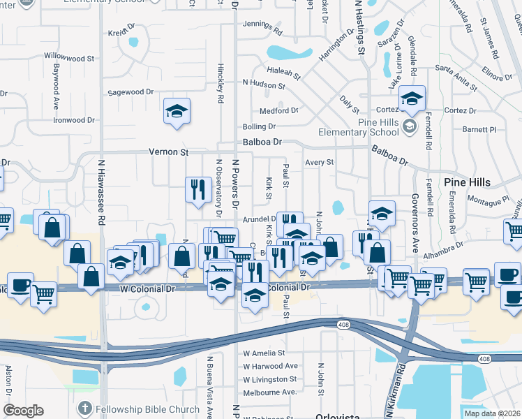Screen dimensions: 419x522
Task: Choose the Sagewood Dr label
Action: pos(130,92)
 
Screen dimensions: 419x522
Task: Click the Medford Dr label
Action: pos(278,110)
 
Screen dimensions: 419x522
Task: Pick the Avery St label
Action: pos(320,162)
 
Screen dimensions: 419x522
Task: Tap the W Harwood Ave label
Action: pos(271,366)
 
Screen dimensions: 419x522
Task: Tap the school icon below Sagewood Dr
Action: pos(177,110)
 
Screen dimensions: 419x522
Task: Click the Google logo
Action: pos(23,410)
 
